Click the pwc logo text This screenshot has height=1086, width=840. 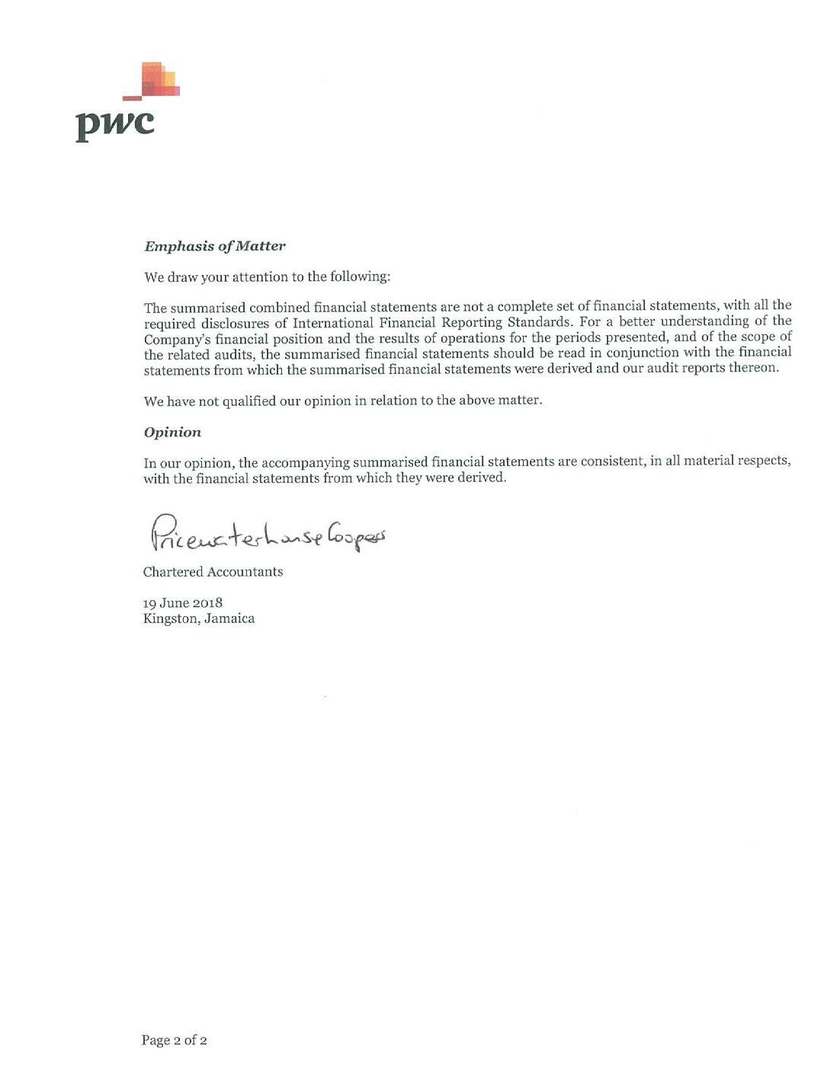(x=114, y=124)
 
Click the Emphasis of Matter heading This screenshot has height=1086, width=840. (x=214, y=246)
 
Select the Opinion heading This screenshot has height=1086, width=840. (x=172, y=432)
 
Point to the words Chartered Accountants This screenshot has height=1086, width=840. (x=213, y=572)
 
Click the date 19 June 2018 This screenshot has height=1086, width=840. (x=183, y=603)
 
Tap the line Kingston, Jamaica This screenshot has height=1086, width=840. (x=198, y=618)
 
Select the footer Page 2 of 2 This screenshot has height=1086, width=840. (x=174, y=1040)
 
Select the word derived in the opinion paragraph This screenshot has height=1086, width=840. (x=481, y=478)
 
